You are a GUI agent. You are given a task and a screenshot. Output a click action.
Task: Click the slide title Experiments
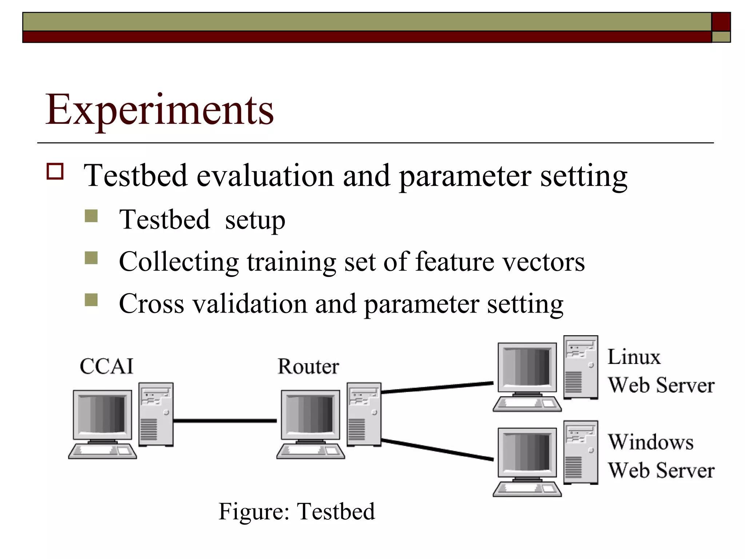coord(159,110)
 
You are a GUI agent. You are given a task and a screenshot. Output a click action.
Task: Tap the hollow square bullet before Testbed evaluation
coord(55,171)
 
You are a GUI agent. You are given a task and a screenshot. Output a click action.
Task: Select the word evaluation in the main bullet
coord(265,176)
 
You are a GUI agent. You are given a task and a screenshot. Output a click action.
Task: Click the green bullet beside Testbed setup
coord(91,216)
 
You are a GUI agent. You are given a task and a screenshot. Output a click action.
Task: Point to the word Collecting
coord(179,262)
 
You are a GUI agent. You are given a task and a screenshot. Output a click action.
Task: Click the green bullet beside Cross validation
coord(91,300)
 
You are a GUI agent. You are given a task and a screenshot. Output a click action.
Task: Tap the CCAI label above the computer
coord(107,366)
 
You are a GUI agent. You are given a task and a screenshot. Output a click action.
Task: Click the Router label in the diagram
coord(308,366)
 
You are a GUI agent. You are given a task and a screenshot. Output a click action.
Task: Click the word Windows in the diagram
coord(650,442)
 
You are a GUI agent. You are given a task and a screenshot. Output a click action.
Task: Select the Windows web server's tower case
coord(581,452)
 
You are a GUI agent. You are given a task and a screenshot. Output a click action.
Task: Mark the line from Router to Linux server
coord(437,387)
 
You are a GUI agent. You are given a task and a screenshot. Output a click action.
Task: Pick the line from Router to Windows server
coord(437,450)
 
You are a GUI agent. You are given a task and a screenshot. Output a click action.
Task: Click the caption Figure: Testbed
coord(296,511)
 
